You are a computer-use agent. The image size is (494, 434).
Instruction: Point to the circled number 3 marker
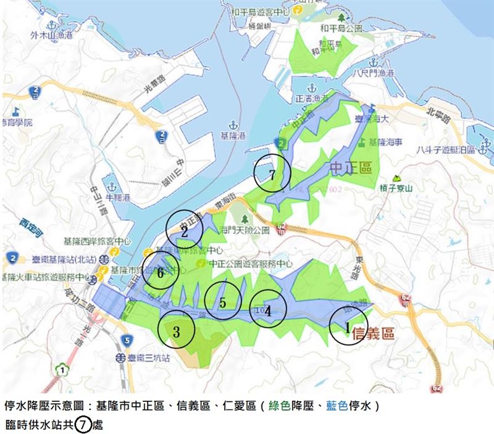tap(177, 330)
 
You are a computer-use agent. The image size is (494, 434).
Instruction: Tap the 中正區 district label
tap(351, 167)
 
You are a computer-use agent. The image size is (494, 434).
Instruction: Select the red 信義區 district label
tap(372, 335)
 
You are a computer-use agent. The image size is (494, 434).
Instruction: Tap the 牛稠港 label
tap(118, 198)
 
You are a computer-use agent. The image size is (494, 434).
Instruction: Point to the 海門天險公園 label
tap(245, 230)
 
